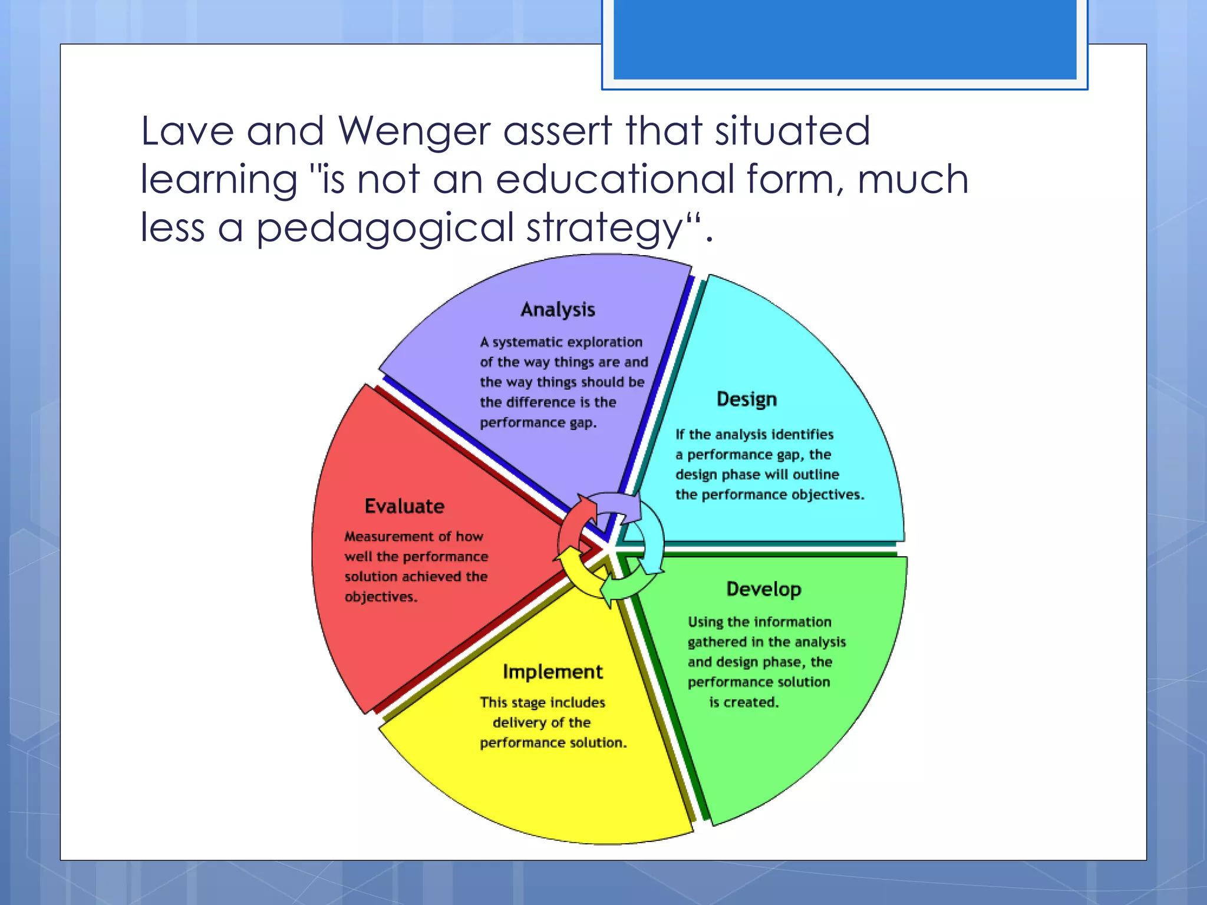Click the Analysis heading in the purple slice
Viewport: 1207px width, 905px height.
click(x=558, y=310)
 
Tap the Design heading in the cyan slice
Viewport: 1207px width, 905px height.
click(x=747, y=399)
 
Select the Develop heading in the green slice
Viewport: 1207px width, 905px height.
click(x=764, y=589)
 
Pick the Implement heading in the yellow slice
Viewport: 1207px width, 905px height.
click(x=553, y=672)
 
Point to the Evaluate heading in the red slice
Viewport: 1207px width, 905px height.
click(x=404, y=506)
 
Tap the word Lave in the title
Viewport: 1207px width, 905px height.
click(x=187, y=131)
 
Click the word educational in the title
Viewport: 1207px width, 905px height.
click(x=615, y=179)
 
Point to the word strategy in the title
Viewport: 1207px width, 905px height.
click(x=605, y=229)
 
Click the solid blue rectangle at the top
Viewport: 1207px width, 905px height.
click(x=845, y=39)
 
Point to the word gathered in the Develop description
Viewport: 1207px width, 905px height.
click(x=716, y=642)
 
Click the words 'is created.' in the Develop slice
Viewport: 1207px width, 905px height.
click(x=744, y=702)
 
